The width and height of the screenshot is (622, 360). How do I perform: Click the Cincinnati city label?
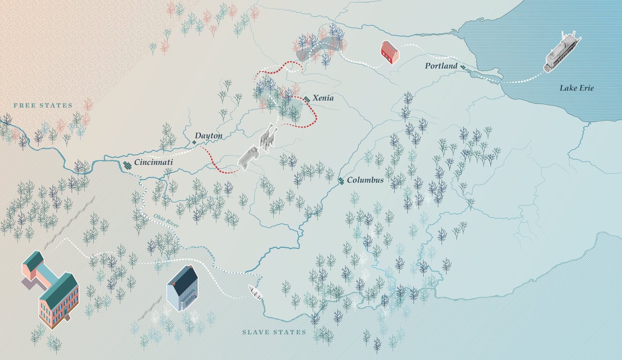(x=153, y=162)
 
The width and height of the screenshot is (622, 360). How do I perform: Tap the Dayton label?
(x=209, y=136)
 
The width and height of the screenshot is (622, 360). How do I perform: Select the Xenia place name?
(x=323, y=98)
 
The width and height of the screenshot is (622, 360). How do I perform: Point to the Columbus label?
(x=365, y=180)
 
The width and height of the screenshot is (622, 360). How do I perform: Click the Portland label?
(x=441, y=66)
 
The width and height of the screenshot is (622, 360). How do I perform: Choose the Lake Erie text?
(x=576, y=88)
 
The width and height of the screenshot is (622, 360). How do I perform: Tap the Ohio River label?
(x=166, y=221)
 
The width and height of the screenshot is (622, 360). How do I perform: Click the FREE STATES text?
(x=43, y=106)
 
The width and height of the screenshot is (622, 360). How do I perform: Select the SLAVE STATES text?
(x=274, y=332)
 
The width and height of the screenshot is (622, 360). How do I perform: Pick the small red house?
(x=390, y=52)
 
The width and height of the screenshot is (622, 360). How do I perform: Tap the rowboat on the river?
(x=255, y=292)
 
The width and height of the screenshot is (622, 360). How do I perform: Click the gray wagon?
(x=248, y=158)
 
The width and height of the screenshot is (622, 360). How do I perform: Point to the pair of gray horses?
(x=268, y=137)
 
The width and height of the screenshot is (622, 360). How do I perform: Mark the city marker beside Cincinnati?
(x=127, y=165)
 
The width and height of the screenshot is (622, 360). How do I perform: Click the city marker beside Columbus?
(x=341, y=181)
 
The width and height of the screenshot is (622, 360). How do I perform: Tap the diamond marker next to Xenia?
(x=307, y=99)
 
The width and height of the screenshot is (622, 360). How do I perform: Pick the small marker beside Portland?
(x=463, y=67)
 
